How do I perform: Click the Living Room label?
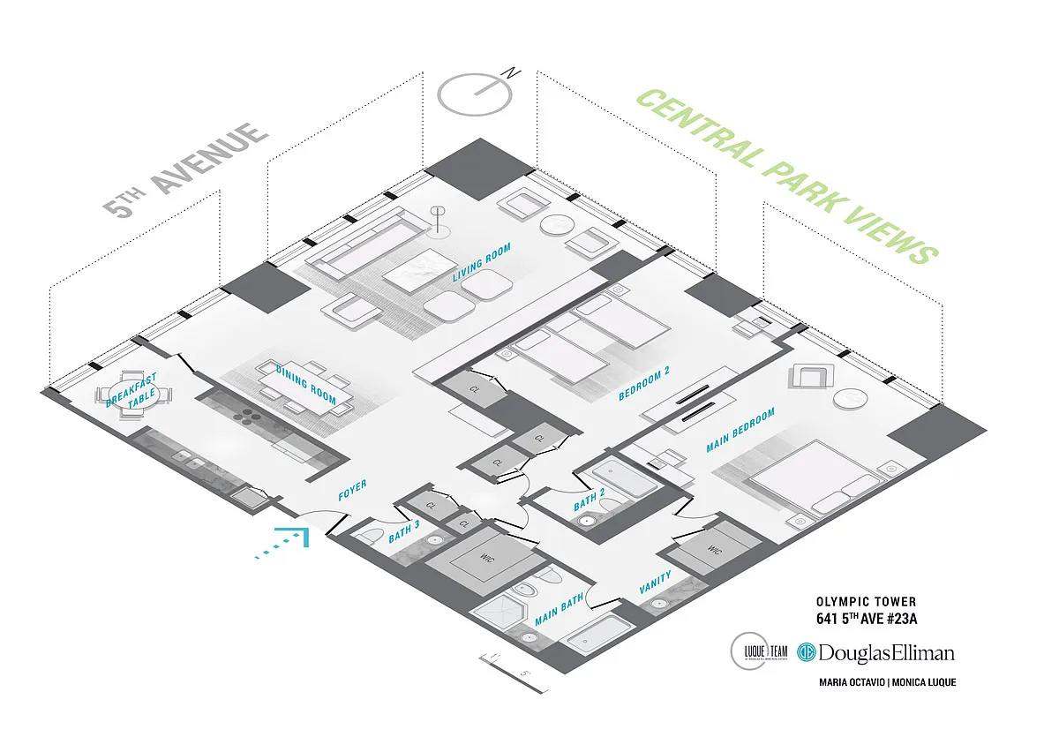(482, 263)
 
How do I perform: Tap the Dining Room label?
(305, 384)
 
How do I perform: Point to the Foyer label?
(352, 491)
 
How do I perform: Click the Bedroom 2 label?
(644, 384)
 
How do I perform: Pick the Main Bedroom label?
(740, 431)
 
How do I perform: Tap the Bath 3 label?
(404, 535)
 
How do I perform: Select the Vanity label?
(655, 583)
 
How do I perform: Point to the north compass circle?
(476, 92)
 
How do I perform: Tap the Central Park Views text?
(785, 176)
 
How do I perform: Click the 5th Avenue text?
(185, 169)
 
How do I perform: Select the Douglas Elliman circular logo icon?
(806, 652)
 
